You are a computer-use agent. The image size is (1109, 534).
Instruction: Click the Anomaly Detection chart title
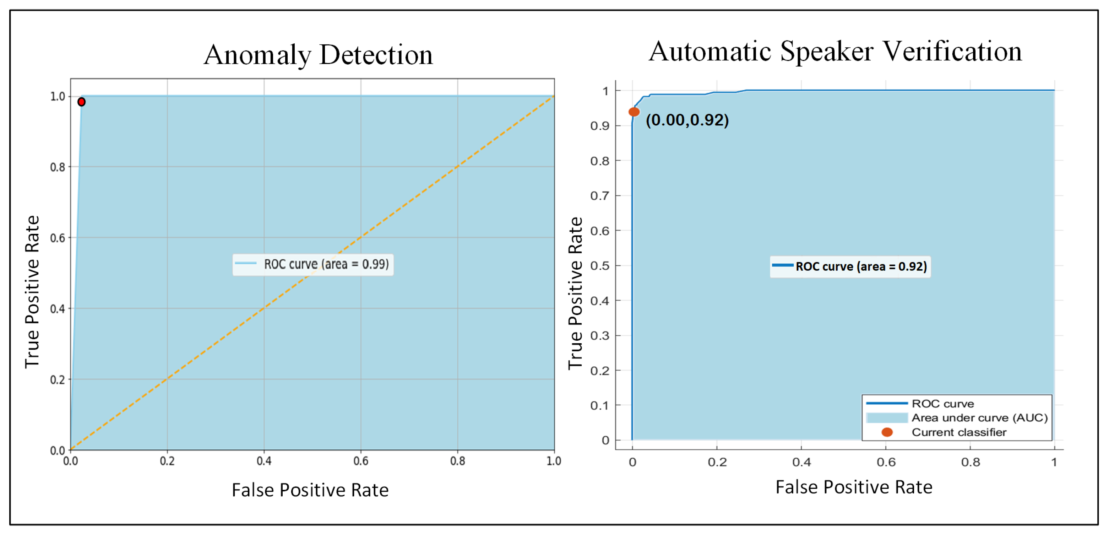[318, 55]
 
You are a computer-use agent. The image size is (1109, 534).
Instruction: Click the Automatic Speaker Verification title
[835, 52]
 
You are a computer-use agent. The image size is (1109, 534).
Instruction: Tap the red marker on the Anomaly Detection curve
[81, 102]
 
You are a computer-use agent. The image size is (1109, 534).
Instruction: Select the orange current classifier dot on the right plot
[634, 112]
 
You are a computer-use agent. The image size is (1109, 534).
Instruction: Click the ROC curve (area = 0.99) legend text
[326, 264]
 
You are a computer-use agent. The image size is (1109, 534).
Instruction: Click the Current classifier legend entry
[959, 432]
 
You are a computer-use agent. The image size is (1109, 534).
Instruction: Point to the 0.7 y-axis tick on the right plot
[600, 196]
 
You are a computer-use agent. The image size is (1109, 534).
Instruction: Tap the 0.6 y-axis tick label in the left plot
[58, 238]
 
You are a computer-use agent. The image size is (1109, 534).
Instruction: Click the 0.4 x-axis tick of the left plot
[264, 461]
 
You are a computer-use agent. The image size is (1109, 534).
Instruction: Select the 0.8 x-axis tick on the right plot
[971, 463]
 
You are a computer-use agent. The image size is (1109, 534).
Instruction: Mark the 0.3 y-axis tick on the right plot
[600, 335]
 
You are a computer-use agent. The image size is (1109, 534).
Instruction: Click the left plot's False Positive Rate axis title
[310, 490]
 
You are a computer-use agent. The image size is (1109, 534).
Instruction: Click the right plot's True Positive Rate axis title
[575, 293]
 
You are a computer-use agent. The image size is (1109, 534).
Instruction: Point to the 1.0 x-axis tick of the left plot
[554, 461]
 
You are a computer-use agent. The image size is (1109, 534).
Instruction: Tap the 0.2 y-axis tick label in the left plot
[58, 380]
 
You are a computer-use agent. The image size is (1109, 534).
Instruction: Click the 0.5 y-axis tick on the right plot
[600, 266]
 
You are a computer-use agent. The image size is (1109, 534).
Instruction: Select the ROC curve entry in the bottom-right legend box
[942, 404]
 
